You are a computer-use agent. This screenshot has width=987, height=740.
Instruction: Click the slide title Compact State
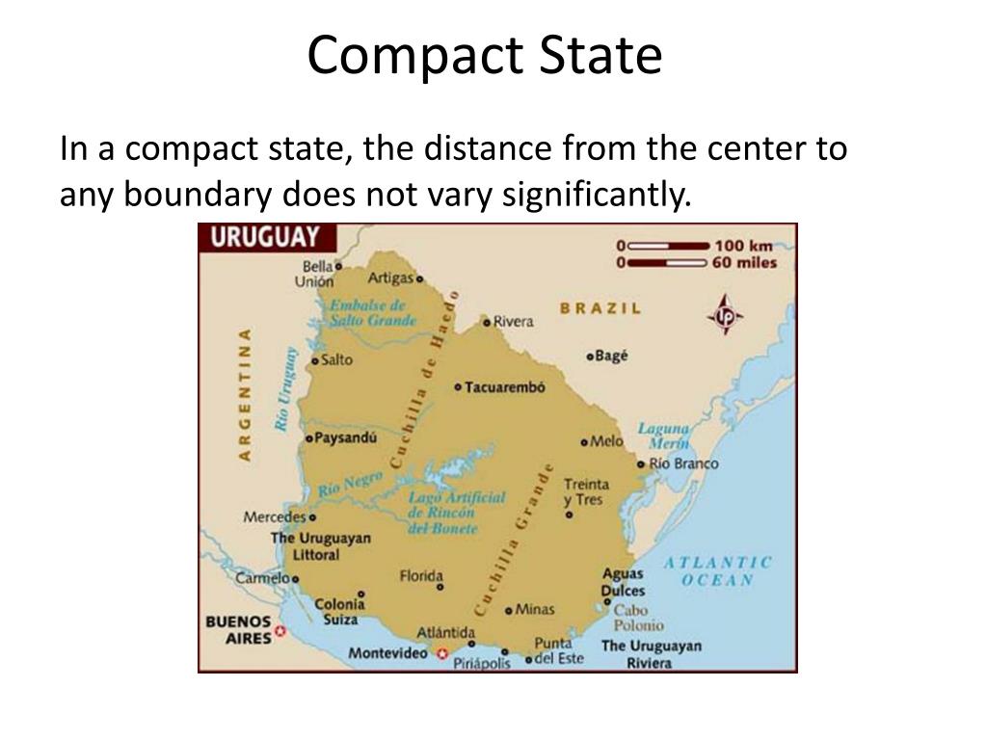click(x=485, y=56)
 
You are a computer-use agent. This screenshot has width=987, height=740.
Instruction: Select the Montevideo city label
click(x=387, y=653)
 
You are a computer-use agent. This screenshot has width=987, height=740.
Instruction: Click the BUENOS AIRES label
click(x=237, y=629)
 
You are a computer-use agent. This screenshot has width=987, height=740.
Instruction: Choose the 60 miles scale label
click(x=745, y=262)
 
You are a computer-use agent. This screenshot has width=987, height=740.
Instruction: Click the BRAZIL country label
click(x=600, y=308)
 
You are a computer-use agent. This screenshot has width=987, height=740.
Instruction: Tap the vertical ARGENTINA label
click(x=245, y=394)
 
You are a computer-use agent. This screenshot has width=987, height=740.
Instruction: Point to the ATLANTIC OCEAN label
click(x=718, y=570)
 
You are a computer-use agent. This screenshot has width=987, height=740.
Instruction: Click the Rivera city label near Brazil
click(x=513, y=322)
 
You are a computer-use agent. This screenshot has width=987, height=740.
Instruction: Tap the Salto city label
click(x=336, y=360)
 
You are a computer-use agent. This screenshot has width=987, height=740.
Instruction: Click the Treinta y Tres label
click(x=585, y=492)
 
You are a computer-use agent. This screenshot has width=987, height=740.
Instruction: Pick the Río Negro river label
click(x=344, y=483)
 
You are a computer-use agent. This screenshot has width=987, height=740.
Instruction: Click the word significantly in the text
click(x=594, y=196)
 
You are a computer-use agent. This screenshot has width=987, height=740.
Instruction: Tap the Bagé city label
click(x=611, y=356)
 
